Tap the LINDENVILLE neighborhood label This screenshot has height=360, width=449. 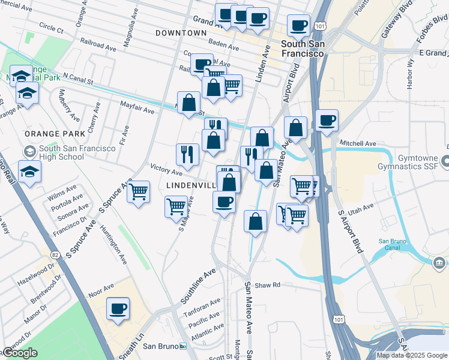click(x=190, y=186)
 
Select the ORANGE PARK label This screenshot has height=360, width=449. click(x=45, y=133)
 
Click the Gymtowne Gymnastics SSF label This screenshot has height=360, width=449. click(x=415, y=161)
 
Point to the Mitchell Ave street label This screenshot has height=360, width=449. click(x=358, y=144)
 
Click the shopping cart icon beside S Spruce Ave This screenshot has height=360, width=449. click(x=139, y=192)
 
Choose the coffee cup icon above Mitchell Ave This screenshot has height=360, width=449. click(x=327, y=121)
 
